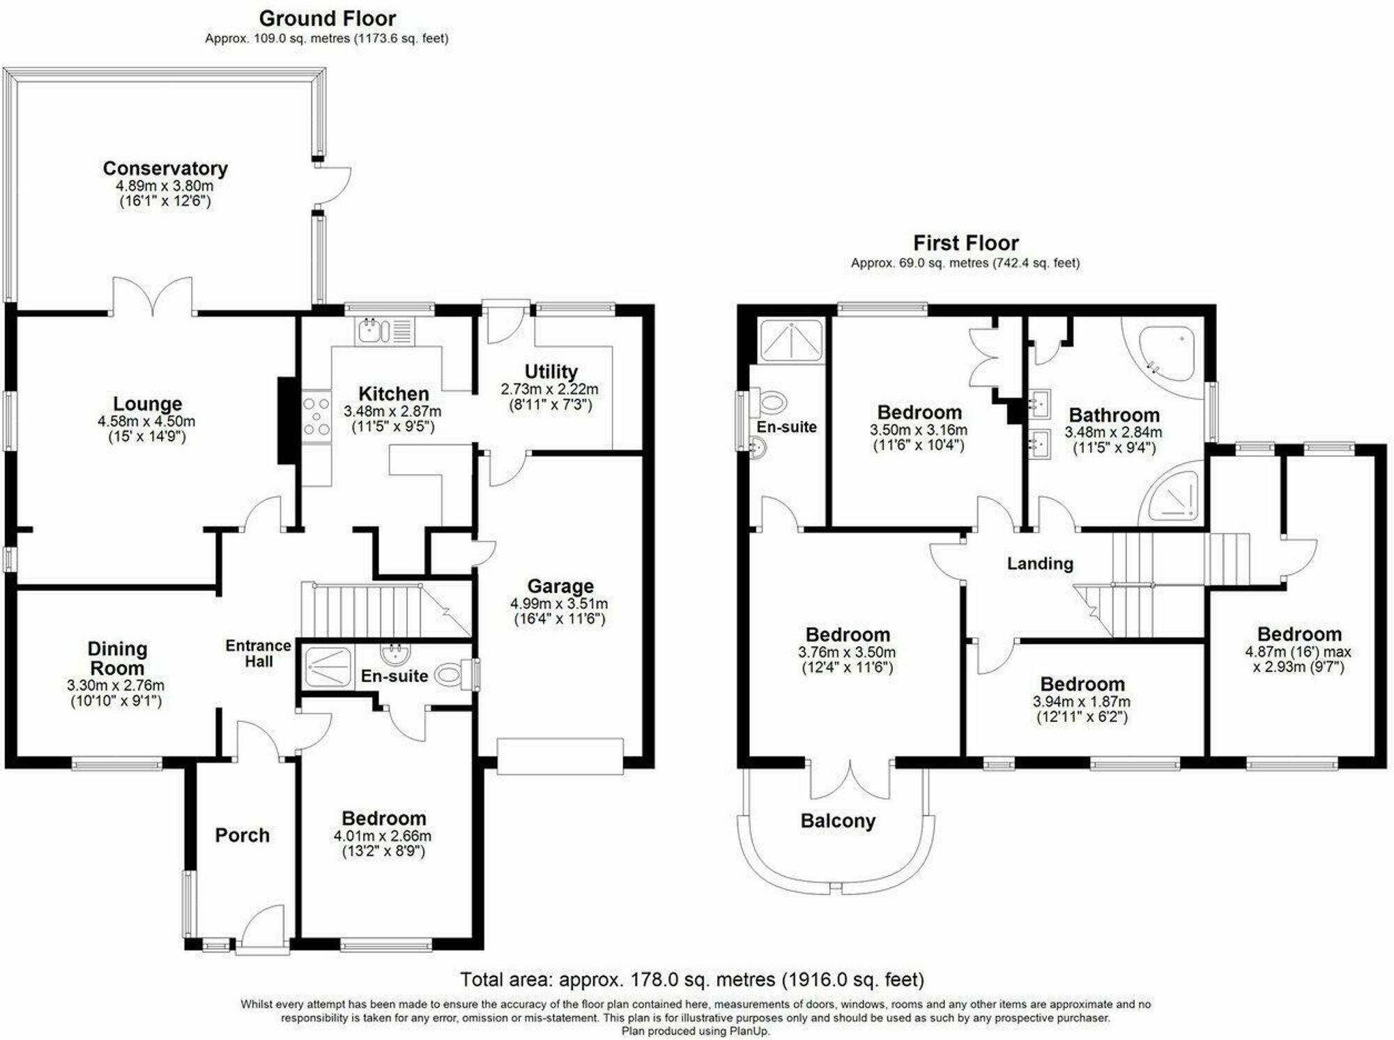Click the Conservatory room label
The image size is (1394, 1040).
click(x=165, y=169)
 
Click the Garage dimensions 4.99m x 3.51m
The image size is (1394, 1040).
click(x=558, y=604)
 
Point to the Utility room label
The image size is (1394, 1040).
click(x=551, y=372)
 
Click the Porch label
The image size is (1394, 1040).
click(x=242, y=835)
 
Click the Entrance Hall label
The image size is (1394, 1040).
click(x=258, y=653)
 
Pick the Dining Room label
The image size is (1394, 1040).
click(x=117, y=658)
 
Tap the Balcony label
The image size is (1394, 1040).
click(x=837, y=821)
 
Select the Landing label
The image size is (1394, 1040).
click(x=1040, y=563)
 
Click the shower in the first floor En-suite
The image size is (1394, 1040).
click(x=790, y=341)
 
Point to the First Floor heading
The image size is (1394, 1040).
click(x=965, y=243)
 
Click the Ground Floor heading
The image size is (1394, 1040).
click(x=327, y=18)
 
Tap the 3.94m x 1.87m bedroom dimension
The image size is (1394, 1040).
click(x=1081, y=702)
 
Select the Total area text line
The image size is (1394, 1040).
click(x=691, y=979)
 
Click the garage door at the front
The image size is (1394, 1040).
click(x=560, y=757)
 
